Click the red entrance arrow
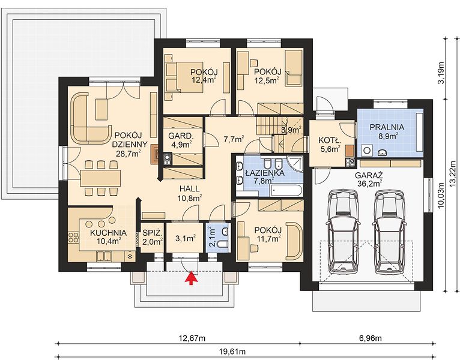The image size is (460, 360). (191, 278)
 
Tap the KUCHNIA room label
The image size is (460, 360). (108, 233)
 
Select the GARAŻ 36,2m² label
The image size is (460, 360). (369, 179)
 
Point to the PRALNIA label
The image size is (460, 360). (387, 127)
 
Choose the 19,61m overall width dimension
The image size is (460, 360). (232, 351)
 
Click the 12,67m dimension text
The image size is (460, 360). (192, 338)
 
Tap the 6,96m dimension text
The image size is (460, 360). (371, 338)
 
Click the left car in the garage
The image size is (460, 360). (343, 232)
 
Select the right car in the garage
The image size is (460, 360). (389, 232)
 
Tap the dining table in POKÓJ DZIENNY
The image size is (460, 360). (100, 178)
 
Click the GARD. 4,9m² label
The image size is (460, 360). (181, 140)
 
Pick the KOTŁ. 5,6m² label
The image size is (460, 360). (330, 145)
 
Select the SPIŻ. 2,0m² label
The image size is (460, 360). (153, 238)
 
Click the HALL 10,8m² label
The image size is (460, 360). (190, 193)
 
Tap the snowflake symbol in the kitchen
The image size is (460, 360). (129, 257)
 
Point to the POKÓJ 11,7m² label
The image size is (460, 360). (268, 235)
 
